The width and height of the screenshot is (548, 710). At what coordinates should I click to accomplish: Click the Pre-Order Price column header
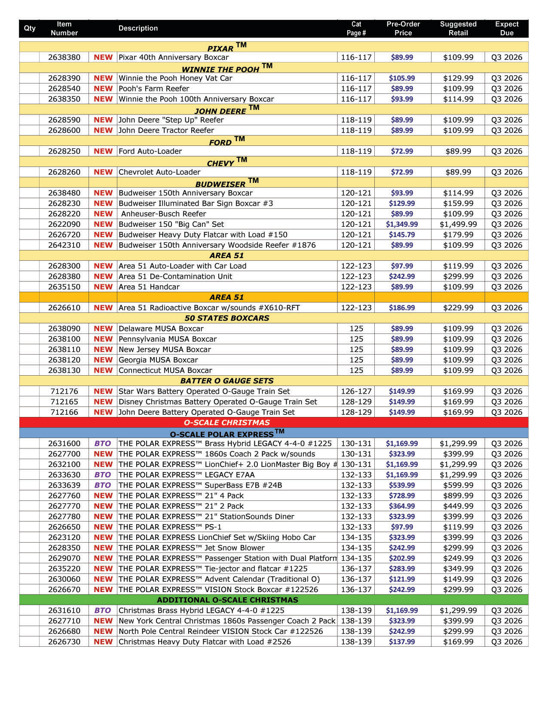(x=403, y=28)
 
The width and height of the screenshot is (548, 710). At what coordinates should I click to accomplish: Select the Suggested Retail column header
(x=458, y=28)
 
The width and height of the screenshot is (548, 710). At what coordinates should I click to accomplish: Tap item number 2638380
(x=64, y=57)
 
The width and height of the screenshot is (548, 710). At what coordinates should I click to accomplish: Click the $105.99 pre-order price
(x=402, y=78)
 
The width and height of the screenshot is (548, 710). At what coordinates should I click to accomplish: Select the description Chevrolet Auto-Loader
(x=159, y=172)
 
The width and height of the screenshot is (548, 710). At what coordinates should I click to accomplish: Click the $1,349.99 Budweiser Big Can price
(x=402, y=224)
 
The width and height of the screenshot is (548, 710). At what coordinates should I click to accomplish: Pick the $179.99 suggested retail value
(x=458, y=235)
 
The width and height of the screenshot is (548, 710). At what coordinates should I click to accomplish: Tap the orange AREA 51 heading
(x=227, y=297)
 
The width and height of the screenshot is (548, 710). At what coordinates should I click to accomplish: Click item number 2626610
(x=64, y=308)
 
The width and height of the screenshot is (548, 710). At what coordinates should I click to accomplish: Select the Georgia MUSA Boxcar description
(x=158, y=360)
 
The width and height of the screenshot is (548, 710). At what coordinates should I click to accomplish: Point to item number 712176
(x=64, y=391)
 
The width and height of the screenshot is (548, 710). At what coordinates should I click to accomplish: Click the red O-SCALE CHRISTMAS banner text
(x=227, y=423)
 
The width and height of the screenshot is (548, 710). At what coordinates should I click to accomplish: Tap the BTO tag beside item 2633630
(x=103, y=475)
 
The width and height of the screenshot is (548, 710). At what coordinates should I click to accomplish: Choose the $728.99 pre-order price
(x=402, y=496)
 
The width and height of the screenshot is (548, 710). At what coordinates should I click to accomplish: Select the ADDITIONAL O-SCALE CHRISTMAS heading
(x=227, y=600)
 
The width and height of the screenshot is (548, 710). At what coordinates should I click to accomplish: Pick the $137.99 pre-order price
(x=402, y=642)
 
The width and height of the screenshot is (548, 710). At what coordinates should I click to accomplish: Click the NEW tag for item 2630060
(x=103, y=579)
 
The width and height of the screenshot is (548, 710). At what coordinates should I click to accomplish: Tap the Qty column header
(x=30, y=28)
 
